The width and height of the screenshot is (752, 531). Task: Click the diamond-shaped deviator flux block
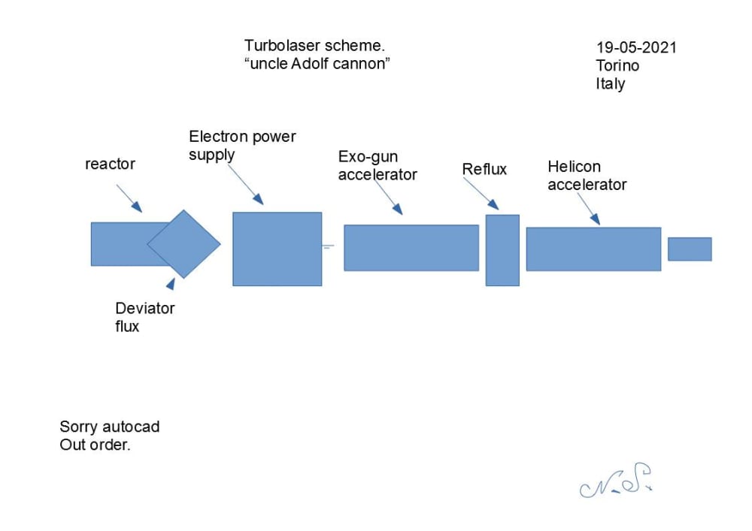click(184, 243)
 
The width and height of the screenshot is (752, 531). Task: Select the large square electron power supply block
click(277, 249)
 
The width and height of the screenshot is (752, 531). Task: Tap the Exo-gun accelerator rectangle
click(411, 247)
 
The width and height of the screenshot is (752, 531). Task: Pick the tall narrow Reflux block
click(502, 250)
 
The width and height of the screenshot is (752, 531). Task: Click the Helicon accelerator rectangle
click(593, 249)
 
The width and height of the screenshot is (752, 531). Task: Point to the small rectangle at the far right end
click(690, 249)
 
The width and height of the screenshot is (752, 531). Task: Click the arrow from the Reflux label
click(482, 194)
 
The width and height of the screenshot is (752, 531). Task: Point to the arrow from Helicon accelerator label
click(589, 208)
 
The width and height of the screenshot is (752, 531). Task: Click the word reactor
click(110, 164)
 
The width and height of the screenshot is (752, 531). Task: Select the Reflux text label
click(484, 170)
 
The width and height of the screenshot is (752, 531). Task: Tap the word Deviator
click(145, 308)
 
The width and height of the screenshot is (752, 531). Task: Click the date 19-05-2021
click(636, 47)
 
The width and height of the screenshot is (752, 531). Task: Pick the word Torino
click(617, 65)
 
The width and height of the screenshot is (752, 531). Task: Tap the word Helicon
click(574, 166)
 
